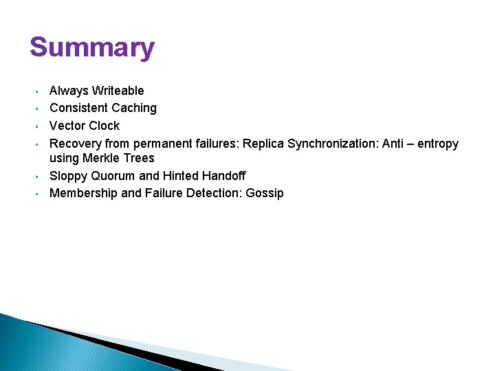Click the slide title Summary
click(92, 48)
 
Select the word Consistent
click(76, 108)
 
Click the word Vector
click(66, 126)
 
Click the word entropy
click(437, 144)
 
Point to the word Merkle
click(100, 159)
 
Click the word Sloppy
click(69, 176)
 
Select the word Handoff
click(223, 176)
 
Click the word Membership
click(83, 193)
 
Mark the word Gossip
click(265, 193)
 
